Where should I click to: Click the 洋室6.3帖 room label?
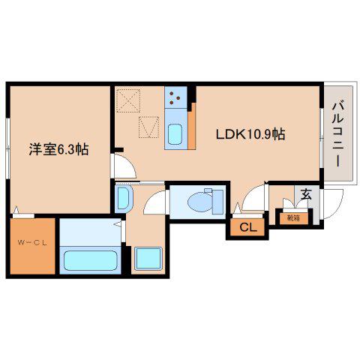click(58, 149)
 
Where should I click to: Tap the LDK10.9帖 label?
click(250, 134)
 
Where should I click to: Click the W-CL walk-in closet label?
click(32, 243)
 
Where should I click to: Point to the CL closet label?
click(248, 227)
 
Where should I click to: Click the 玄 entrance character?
click(306, 194)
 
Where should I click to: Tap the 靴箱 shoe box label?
click(293, 218)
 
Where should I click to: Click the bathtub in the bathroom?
click(90, 261)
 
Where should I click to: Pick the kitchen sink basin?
click(175, 134)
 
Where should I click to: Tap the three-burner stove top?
click(175, 97)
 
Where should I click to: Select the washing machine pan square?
click(148, 259)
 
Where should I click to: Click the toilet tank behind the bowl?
click(218, 202)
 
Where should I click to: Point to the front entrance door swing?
click(333, 204)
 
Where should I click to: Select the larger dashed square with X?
click(128, 100)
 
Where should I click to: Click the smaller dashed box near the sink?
click(149, 127)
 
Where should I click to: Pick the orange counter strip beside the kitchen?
click(191, 126)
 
